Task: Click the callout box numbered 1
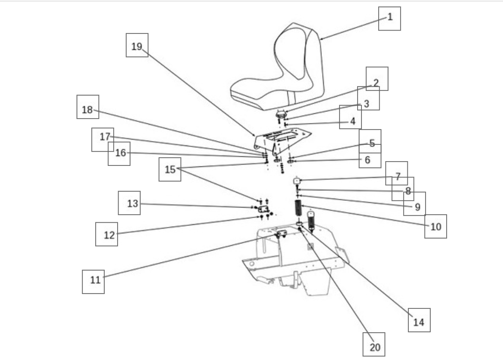click(389, 19)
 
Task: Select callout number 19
click(137, 45)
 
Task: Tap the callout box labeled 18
click(88, 107)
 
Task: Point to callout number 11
click(93, 282)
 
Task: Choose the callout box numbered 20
click(374, 344)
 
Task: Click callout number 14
click(419, 320)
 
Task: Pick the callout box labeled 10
click(436, 227)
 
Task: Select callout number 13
click(129, 203)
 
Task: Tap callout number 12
click(107, 234)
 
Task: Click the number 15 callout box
click(170, 169)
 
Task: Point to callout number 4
click(350, 117)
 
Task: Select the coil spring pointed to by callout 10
click(298, 208)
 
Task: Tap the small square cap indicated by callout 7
click(297, 181)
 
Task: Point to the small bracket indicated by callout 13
click(263, 209)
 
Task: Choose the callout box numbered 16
click(119, 153)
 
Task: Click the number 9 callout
click(415, 204)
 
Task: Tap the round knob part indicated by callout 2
click(281, 114)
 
